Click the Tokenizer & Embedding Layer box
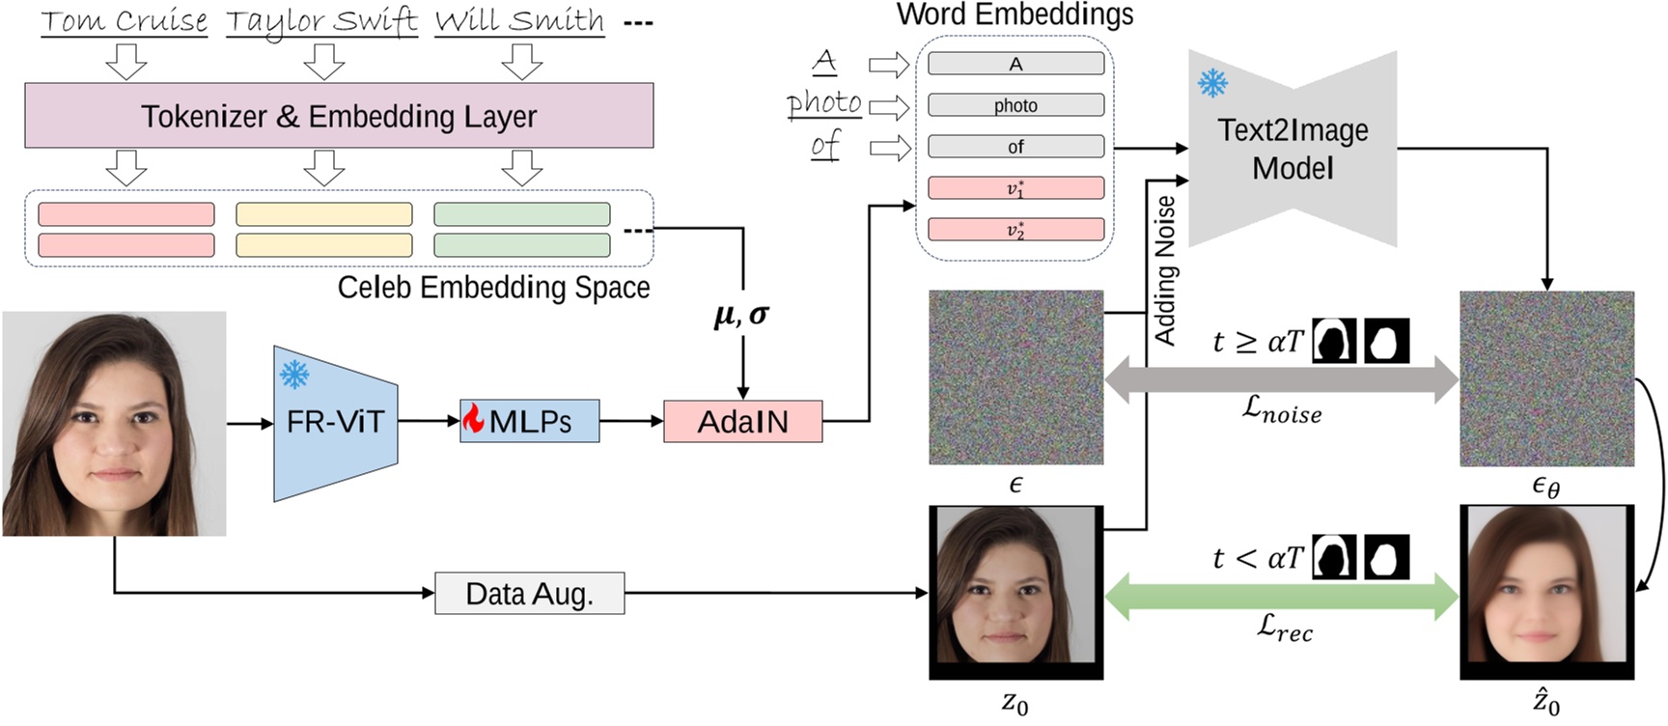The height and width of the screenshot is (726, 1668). click(x=339, y=116)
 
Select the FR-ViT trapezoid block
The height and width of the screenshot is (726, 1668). click(x=335, y=423)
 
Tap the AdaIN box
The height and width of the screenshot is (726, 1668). click(x=742, y=422)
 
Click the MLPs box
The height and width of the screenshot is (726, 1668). click(x=529, y=422)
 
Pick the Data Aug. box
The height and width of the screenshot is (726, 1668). click(x=529, y=593)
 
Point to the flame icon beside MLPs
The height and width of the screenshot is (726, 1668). click(x=473, y=418)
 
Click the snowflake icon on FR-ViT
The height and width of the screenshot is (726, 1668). click(x=294, y=374)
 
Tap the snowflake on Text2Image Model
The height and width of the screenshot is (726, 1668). click(x=1212, y=83)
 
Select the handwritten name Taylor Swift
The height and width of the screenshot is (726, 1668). click(x=321, y=21)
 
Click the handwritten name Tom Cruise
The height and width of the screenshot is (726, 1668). click(x=124, y=21)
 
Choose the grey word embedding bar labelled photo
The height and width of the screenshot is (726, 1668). click(x=1015, y=105)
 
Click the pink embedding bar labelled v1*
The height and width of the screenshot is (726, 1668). click(x=1015, y=188)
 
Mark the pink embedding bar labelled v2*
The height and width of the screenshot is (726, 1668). click(x=1015, y=230)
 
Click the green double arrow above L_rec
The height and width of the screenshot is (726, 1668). click(x=1281, y=596)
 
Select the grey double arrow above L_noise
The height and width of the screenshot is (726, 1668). click(x=1281, y=379)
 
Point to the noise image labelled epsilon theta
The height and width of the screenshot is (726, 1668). click(x=1546, y=378)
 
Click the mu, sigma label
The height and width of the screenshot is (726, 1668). click(x=741, y=315)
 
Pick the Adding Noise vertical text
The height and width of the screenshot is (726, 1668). click(x=1166, y=270)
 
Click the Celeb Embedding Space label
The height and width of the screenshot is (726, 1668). click(x=493, y=288)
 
